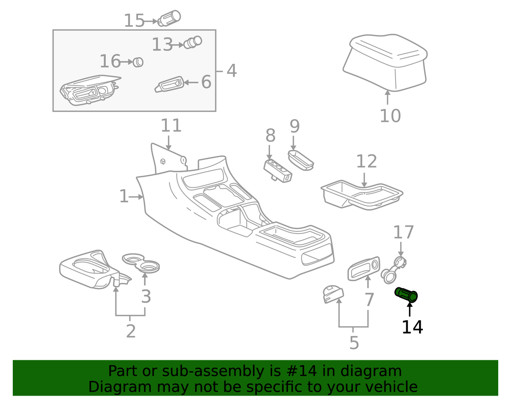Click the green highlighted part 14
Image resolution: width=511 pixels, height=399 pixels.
click(406, 295)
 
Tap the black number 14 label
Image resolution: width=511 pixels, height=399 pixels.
click(412, 327)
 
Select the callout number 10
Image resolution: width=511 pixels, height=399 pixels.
click(390, 115)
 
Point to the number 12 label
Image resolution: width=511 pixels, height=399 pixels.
click(366, 161)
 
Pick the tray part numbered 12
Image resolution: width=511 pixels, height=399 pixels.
click(362, 195)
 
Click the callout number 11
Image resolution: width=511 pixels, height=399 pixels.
click(171, 126)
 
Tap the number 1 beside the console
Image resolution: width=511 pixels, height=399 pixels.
click(123, 197)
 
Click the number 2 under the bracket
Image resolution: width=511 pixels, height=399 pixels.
click(131, 331)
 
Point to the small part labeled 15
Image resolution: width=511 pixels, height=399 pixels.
click(169, 18)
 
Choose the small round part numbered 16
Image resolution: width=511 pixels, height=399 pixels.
click(138, 62)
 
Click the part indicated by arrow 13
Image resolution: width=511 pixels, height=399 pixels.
click(192, 42)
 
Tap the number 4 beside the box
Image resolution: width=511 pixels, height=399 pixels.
click(231, 71)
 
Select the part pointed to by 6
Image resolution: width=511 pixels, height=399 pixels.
click(169, 84)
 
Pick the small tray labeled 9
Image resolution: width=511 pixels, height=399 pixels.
click(301, 159)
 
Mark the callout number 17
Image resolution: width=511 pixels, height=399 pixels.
click(403, 233)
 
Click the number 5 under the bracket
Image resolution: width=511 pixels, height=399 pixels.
click(354, 342)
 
